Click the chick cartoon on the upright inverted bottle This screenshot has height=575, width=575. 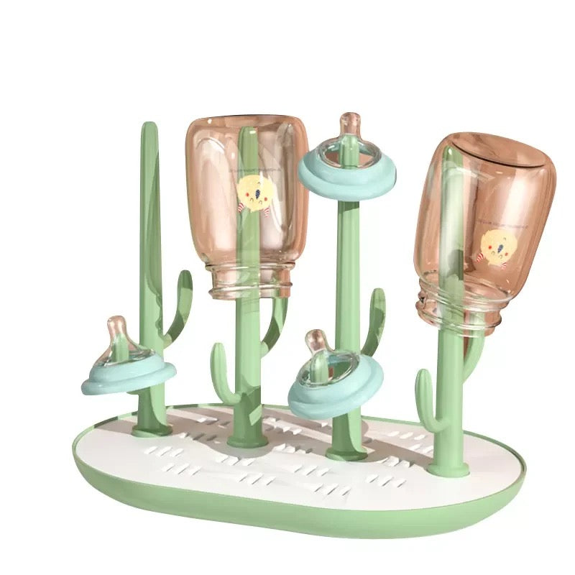click(254, 193)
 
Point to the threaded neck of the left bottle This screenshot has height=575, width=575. click(248, 280)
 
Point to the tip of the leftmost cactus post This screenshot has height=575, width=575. click(149, 129)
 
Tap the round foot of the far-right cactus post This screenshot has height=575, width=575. click(448, 469)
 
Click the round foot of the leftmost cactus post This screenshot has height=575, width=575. click(151, 429)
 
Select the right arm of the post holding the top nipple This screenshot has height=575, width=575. click(374, 316)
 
